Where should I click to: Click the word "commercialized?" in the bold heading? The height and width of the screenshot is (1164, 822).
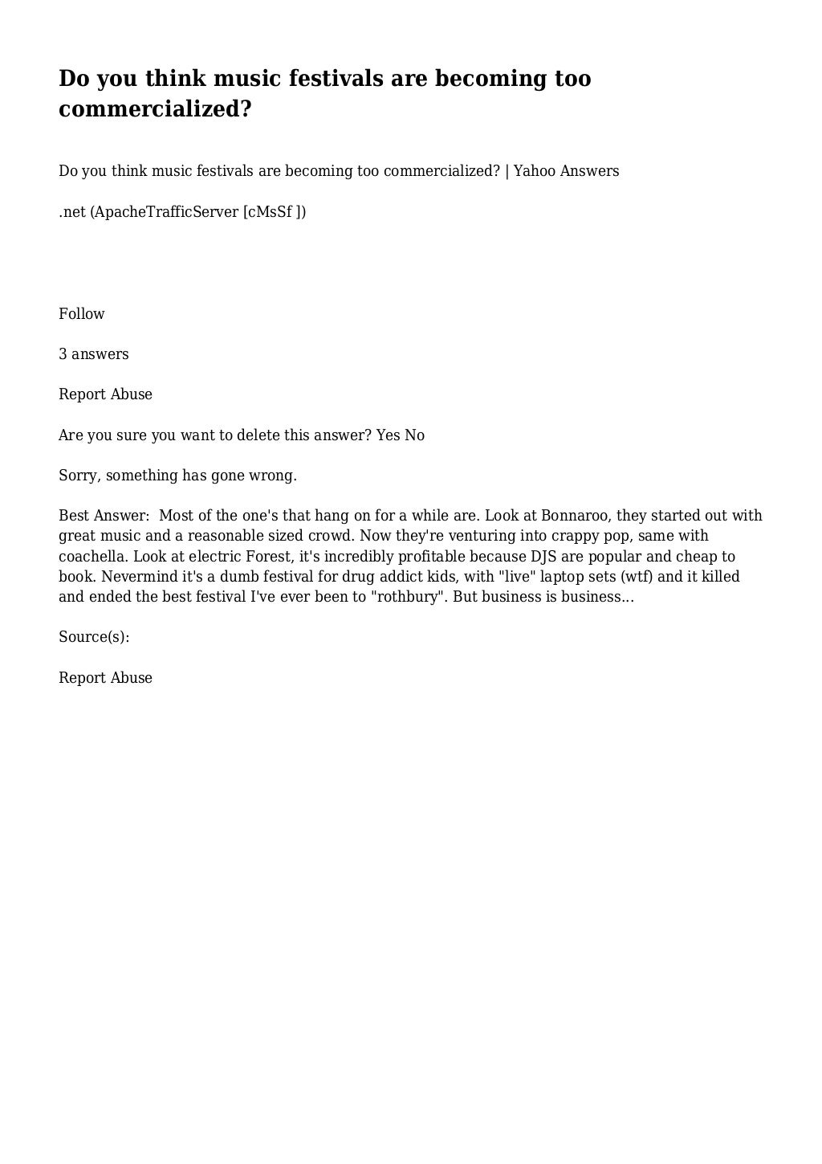pos(155,109)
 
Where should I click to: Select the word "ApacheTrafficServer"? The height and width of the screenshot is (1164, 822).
pos(166,212)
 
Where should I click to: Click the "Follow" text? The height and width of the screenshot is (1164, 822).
pos(82,314)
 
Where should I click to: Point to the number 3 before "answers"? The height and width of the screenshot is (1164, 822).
pos(63,354)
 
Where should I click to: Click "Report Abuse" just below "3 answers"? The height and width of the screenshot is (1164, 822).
pos(105,394)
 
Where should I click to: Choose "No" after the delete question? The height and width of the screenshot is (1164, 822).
pos(414,435)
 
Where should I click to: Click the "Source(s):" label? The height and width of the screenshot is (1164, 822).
pos(94,637)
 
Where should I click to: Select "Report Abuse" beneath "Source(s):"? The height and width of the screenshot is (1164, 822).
pos(105,678)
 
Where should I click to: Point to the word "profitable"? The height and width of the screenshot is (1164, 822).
pos(429,557)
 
